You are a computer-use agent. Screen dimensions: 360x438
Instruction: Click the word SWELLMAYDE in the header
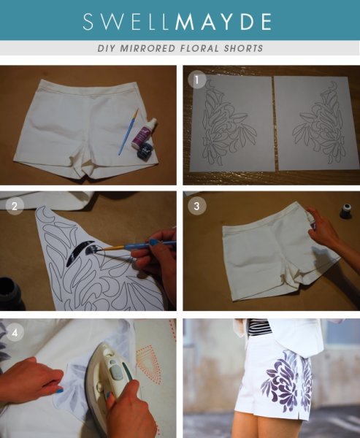[x=177, y=21]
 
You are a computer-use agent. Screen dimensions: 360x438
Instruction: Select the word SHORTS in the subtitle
[x=243, y=48]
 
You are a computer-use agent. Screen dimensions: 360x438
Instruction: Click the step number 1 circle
[x=196, y=80]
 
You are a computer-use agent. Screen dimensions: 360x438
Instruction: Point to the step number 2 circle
[x=15, y=206]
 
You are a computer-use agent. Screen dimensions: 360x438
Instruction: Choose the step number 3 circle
[x=196, y=206]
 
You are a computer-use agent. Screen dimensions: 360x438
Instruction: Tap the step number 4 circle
[x=15, y=332]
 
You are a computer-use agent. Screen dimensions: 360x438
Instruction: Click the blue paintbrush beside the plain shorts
[x=129, y=132]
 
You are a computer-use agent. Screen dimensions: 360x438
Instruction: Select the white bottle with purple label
[x=145, y=134]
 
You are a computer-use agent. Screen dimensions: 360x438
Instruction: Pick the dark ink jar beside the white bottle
[x=145, y=152]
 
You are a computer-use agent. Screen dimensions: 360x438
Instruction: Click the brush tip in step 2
[x=104, y=250]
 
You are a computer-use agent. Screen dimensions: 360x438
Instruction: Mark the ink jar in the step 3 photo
[x=346, y=211]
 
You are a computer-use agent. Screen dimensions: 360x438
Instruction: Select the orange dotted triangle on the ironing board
[x=149, y=363]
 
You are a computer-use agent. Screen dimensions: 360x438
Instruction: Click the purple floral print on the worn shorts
[x=285, y=380]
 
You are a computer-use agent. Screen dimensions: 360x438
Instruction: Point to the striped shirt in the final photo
[x=260, y=327]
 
